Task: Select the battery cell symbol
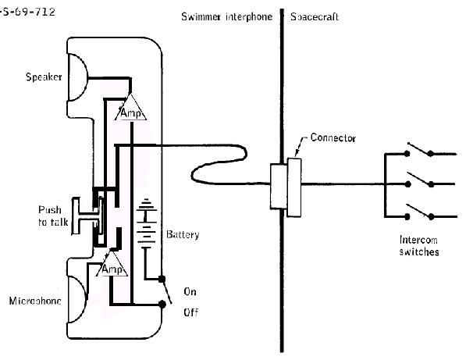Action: (144, 226)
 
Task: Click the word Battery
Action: (183, 234)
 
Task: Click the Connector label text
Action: (333, 138)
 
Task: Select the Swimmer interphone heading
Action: (227, 16)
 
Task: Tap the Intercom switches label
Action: (418, 246)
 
